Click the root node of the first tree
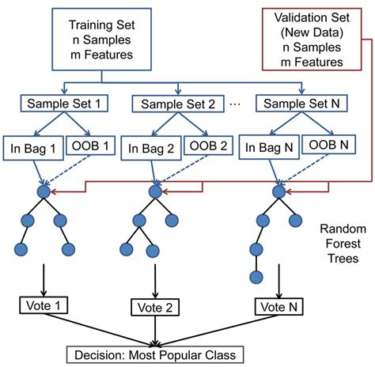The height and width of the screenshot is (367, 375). tap(43, 192)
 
